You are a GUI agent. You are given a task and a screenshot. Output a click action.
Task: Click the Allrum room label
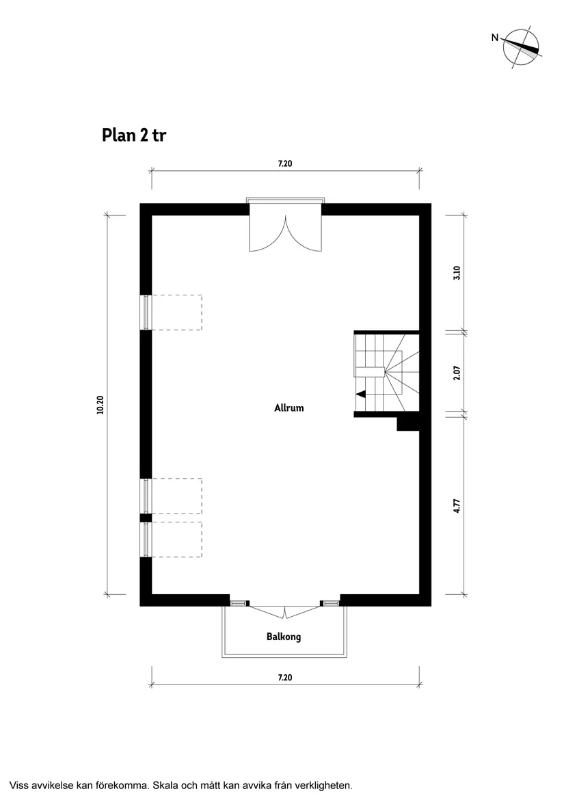(288, 408)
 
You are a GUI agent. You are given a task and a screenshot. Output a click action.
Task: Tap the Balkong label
(284, 637)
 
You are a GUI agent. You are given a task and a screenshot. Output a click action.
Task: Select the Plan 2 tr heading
(134, 135)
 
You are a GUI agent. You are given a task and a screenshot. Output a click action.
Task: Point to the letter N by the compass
(494, 38)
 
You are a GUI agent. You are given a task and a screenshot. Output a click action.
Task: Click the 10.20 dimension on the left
(100, 405)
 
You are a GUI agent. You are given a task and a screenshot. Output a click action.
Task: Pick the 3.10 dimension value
(457, 273)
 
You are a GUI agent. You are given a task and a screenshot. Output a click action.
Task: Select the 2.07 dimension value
(457, 373)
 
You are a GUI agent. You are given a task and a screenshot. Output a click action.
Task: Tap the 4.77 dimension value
(457, 506)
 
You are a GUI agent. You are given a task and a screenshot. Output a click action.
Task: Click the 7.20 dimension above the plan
(285, 164)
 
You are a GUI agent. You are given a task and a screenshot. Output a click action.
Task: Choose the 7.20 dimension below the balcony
(285, 678)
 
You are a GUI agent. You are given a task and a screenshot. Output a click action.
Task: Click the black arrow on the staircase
(360, 393)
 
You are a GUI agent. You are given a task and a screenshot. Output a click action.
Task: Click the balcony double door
(285, 610)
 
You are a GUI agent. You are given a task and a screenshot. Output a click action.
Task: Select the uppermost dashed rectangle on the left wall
(176, 312)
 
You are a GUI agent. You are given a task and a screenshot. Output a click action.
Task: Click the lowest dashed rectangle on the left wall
(176, 539)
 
